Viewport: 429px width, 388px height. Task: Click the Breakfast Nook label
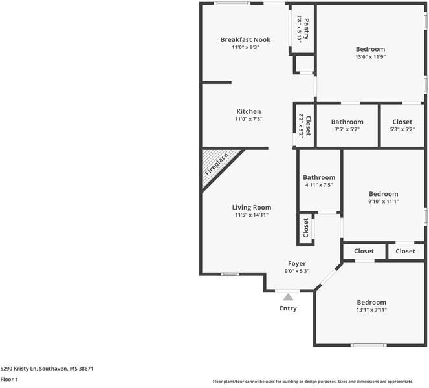click(245, 39)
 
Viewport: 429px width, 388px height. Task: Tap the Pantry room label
click(307, 29)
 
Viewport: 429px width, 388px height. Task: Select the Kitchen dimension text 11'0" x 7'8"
click(248, 119)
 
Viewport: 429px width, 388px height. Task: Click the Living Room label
click(252, 208)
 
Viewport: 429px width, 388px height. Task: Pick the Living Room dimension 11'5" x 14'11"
click(252, 215)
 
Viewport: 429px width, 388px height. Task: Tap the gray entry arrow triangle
click(288, 297)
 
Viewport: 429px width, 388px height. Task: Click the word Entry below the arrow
click(288, 308)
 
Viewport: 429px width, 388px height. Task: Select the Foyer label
click(297, 264)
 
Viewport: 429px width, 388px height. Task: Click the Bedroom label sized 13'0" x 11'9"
click(370, 49)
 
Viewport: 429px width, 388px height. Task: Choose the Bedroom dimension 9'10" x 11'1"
click(383, 202)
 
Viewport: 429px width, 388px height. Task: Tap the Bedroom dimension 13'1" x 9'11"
click(371, 310)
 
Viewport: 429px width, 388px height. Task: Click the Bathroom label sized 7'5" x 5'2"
click(347, 122)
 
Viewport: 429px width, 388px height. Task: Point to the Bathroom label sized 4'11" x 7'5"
click(319, 177)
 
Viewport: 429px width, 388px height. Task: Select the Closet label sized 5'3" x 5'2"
click(402, 122)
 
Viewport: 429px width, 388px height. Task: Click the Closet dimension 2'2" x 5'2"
click(301, 126)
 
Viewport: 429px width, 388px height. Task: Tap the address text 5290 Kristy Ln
click(19, 369)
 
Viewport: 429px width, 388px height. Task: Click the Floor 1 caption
click(9, 379)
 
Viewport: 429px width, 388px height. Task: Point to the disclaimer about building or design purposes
click(313, 382)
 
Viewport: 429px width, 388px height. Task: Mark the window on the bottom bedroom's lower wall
click(369, 345)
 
